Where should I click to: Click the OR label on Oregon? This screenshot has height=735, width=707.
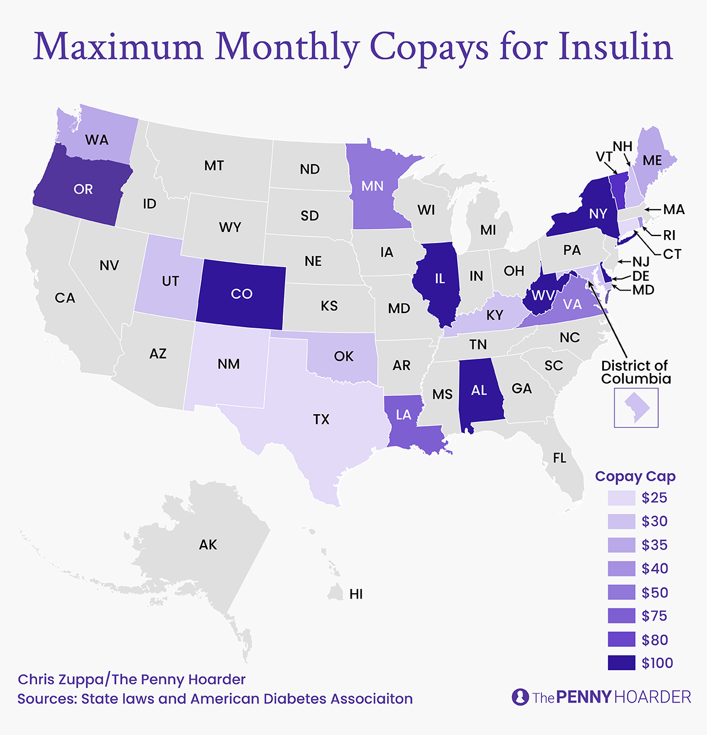click(83, 189)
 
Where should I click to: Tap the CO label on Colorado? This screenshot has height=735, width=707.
click(242, 294)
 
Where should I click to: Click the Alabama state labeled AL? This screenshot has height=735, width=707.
click(479, 390)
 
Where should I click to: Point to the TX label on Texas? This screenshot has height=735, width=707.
click(321, 420)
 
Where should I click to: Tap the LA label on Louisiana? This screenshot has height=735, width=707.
click(404, 415)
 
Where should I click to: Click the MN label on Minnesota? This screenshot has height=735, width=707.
click(372, 187)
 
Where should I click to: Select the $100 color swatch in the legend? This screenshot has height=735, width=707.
click(622, 663)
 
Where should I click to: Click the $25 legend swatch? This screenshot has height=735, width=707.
click(622, 498)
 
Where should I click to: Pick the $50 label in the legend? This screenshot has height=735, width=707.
click(655, 593)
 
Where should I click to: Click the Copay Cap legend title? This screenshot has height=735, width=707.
click(635, 477)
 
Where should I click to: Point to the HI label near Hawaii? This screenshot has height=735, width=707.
click(356, 594)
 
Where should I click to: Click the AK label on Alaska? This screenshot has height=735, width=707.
click(208, 545)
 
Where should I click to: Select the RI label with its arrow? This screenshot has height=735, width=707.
click(669, 236)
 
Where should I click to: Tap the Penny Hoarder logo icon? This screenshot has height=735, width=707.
click(520, 697)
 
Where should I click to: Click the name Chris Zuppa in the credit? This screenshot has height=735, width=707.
click(60, 680)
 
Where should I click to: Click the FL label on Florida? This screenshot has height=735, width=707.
click(559, 458)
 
